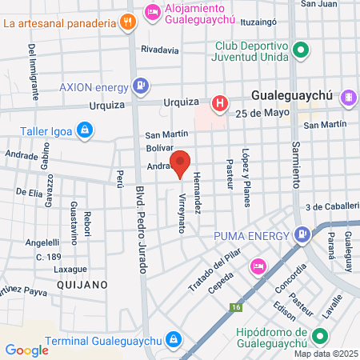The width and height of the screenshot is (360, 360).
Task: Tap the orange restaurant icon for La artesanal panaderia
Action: click(126, 22)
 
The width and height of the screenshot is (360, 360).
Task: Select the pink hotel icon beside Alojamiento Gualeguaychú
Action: click(152, 11)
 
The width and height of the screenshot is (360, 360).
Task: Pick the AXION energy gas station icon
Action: click(141, 84)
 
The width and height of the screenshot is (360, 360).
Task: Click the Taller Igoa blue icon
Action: click(85, 129)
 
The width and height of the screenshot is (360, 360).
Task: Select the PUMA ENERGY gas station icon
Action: click(302, 235)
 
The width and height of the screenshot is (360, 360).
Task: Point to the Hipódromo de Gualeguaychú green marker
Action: click(320, 336)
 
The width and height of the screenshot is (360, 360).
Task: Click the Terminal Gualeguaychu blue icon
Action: click(172, 340)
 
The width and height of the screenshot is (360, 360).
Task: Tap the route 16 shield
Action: click(235, 306)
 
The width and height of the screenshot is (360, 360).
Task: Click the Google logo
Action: click(26, 350)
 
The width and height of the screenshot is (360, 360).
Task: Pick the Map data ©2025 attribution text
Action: click(325, 354)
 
